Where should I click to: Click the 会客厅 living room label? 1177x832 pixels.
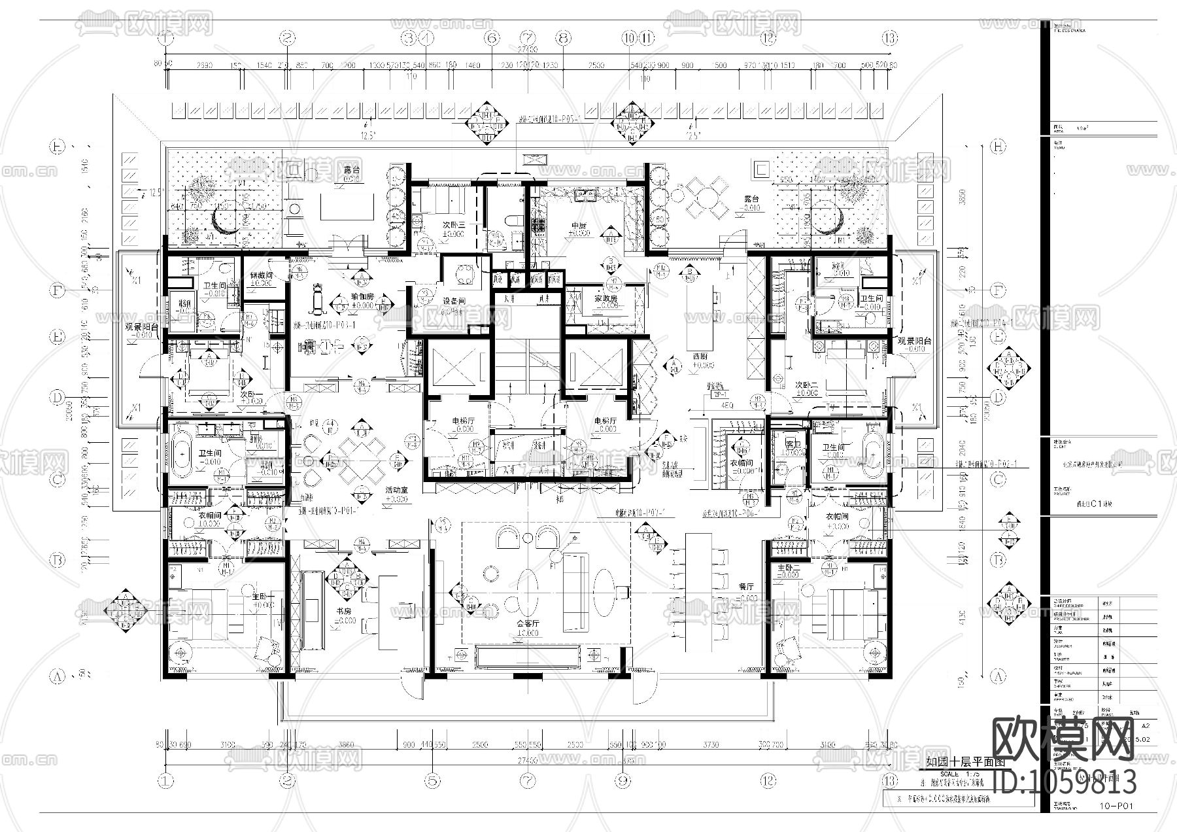point(526,624)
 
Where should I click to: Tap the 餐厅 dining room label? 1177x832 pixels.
point(746,587)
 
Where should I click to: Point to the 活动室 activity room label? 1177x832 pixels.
point(396,489)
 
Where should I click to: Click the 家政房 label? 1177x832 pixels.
point(606,298)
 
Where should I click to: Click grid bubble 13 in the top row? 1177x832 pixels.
point(889,38)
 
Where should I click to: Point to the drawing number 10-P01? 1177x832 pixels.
point(1115,806)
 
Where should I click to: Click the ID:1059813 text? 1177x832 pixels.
point(1063,782)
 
